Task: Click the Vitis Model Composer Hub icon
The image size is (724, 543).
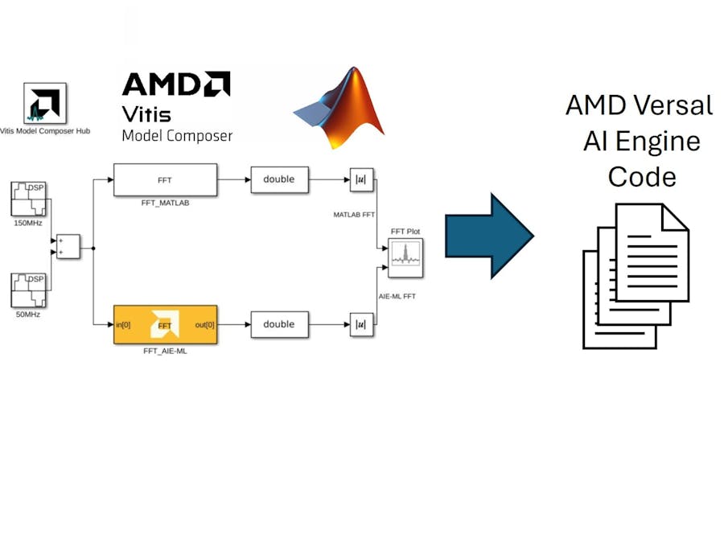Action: click(x=44, y=104)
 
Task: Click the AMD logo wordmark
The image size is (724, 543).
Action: click(x=175, y=84)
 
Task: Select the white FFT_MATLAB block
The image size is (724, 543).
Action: click(x=165, y=179)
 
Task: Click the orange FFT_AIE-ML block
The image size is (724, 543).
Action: click(x=165, y=324)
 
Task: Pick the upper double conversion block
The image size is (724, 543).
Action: click(x=279, y=179)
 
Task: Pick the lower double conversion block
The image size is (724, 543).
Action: click(x=279, y=324)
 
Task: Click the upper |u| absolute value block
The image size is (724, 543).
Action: click(x=361, y=179)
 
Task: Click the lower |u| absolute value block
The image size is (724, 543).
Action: click(x=361, y=324)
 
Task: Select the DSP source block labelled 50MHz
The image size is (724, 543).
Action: click(x=28, y=290)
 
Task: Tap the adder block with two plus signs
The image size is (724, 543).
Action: click(x=68, y=246)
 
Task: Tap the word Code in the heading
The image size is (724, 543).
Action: click(x=641, y=176)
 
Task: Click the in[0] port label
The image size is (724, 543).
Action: click(x=123, y=325)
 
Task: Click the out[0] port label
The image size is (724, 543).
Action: click(x=204, y=325)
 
